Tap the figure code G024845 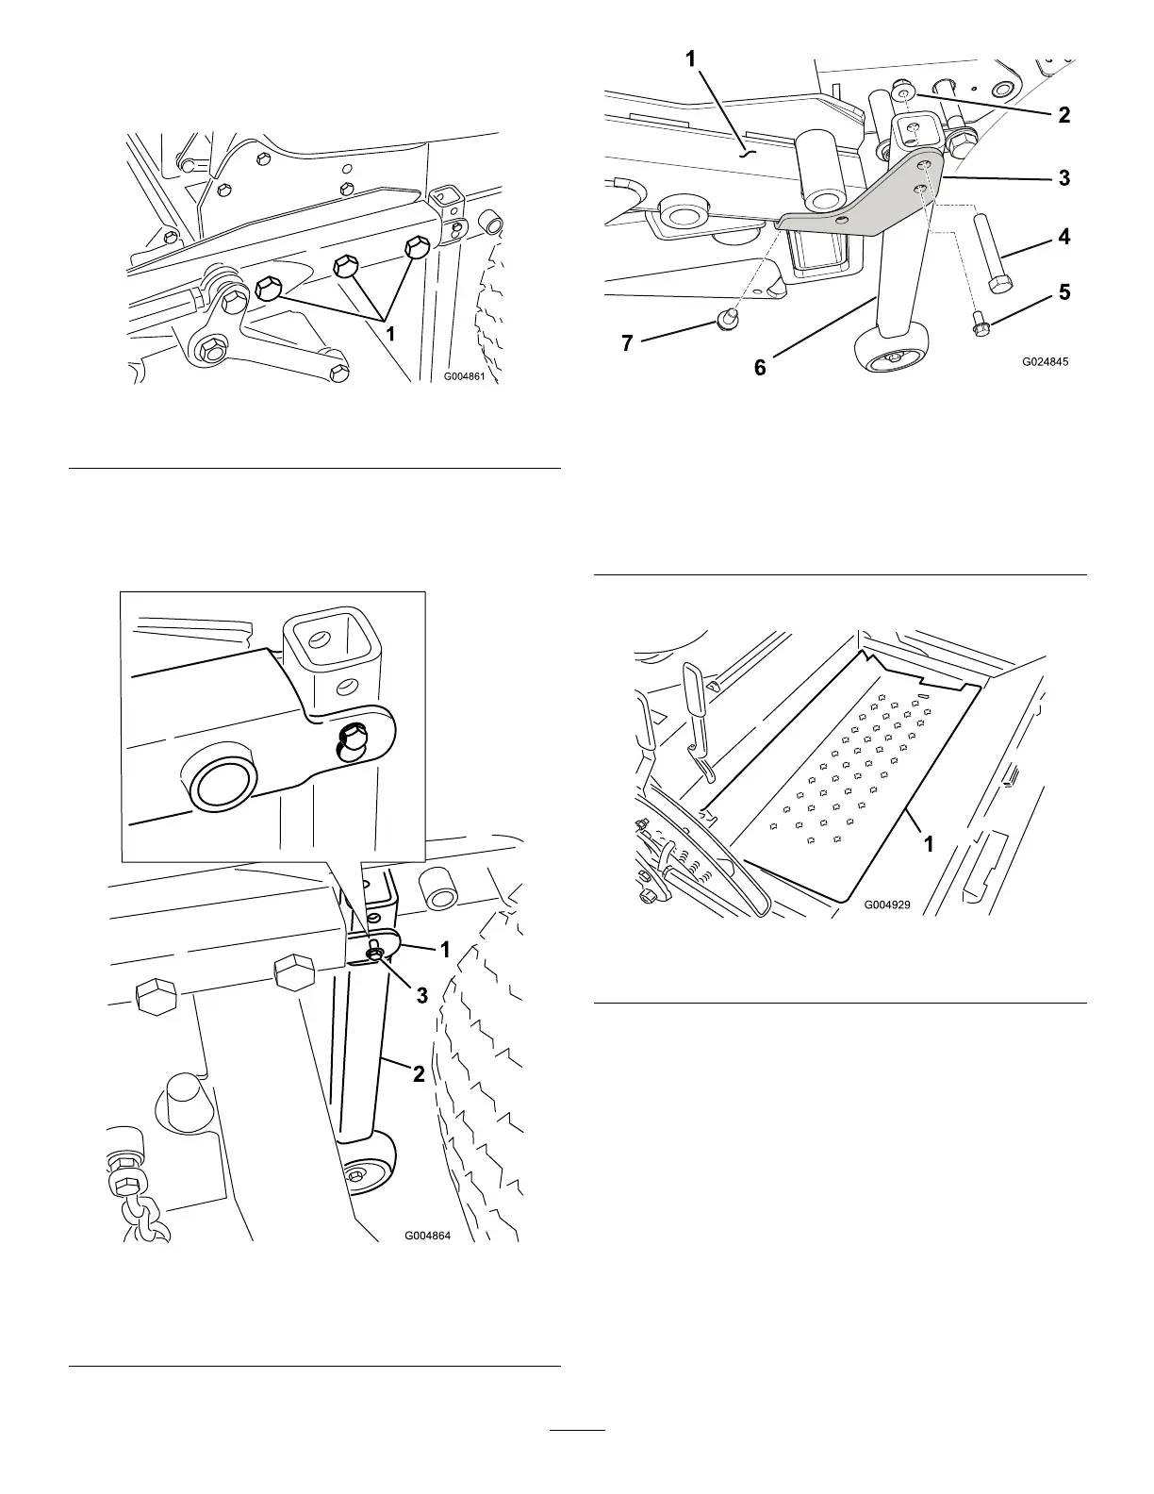tap(1047, 360)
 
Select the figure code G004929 tap(887, 905)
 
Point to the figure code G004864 tap(428, 1236)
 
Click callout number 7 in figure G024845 tap(628, 343)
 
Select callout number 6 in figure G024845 tap(760, 368)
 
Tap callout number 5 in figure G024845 tap(1064, 292)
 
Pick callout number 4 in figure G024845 tap(1064, 237)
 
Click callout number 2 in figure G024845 tap(1064, 115)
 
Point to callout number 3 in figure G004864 tap(422, 995)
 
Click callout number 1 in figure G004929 tap(929, 844)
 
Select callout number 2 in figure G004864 tap(419, 1073)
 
